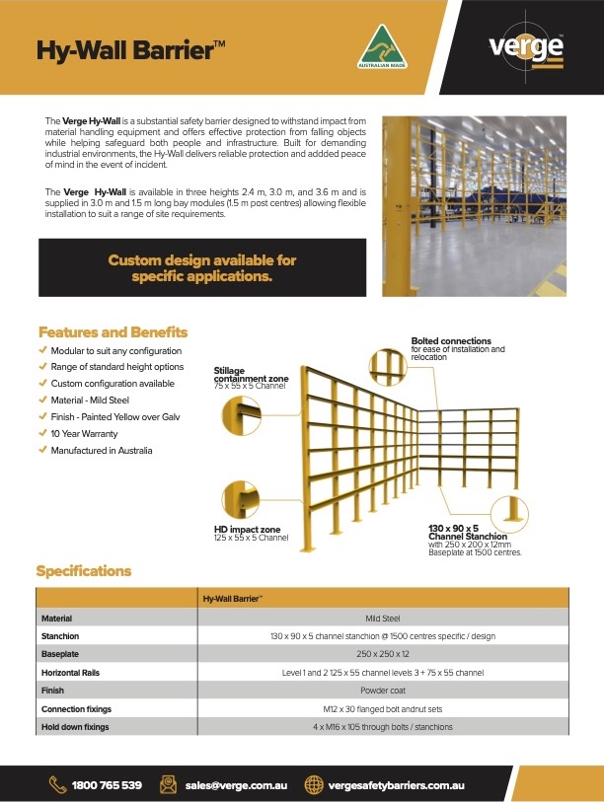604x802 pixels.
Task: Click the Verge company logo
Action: point(526,48)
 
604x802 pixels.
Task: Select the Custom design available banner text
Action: point(201,268)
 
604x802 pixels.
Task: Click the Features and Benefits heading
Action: point(113,332)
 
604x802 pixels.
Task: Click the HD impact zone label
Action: point(247,530)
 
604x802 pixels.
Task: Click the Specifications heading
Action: point(83,571)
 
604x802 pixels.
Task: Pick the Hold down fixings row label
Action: point(75,727)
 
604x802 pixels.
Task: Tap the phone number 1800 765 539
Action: point(107,785)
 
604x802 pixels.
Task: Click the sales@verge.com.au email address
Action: point(235,785)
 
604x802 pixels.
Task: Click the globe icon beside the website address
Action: point(315,785)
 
